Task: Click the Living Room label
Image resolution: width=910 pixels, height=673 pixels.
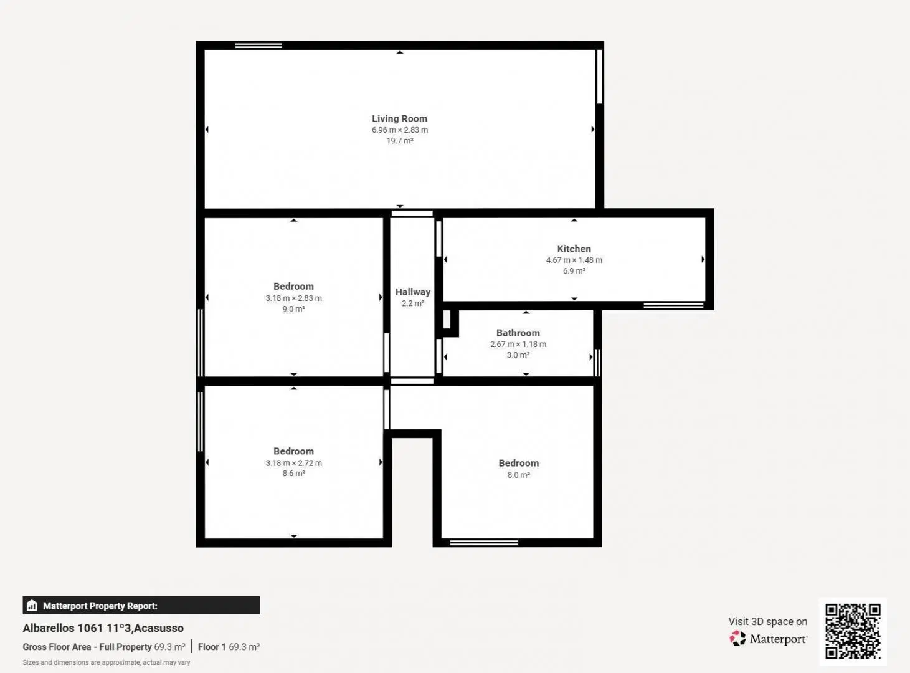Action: pos(400,118)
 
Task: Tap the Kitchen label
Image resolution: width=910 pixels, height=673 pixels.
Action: pos(574,249)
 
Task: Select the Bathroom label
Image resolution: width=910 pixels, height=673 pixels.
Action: pos(518,333)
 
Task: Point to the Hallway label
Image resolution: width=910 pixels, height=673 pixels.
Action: pos(413,292)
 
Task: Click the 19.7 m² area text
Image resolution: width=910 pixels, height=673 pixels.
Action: pos(400,141)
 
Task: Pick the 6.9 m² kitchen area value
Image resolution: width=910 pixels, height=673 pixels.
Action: pos(574,271)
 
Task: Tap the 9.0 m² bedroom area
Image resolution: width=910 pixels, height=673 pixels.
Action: pos(293,309)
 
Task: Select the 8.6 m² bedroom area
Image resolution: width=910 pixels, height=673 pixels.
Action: pos(293,474)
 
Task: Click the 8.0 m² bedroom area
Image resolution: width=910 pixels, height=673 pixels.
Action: pos(519,475)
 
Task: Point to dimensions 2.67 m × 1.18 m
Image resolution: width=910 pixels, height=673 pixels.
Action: pos(518,345)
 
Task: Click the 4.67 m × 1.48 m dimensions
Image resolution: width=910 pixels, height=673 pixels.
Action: pos(574,260)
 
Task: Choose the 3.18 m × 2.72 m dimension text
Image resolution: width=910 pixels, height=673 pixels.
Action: pos(293,463)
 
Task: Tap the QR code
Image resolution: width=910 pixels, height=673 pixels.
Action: pos(853,631)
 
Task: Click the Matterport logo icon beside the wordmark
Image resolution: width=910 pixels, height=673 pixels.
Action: pos(737,639)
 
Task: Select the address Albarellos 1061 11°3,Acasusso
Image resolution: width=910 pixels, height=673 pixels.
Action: pos(103,628)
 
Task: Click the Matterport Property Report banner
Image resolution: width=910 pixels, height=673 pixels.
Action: pos(141,605)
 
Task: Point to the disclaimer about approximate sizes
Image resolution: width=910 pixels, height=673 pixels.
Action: pos(107,662)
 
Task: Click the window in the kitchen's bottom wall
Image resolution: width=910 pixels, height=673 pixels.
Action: pos(673,305)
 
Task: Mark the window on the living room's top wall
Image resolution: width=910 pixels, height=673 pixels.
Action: pos(258,45)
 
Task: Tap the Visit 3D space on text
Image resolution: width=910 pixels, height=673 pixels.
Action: pos(767,622)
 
